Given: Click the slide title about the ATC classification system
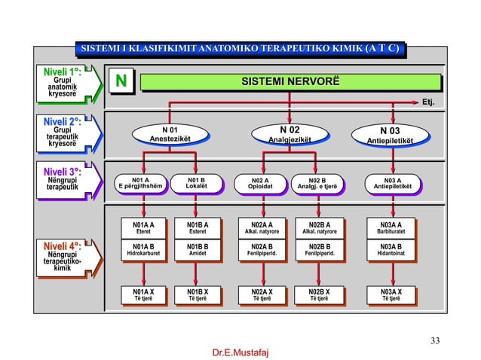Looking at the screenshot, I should (x=240, y=50).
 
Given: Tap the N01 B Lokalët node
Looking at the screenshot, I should (x=196, y=183).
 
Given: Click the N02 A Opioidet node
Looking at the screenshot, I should (x=261, y=183).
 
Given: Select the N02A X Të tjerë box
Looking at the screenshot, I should (x=261, y=294).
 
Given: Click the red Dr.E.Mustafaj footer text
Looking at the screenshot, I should (x=240, y=352).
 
